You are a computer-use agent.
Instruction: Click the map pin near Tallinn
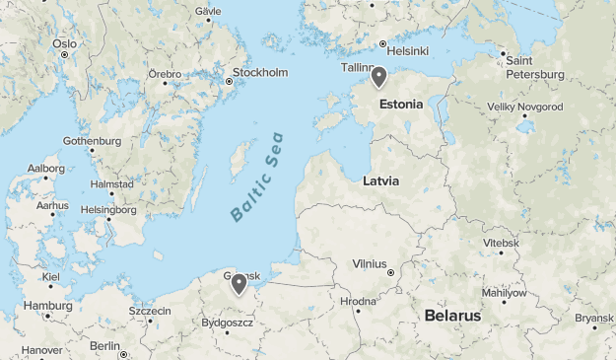tap(378, 77)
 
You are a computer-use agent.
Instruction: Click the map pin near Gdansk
tap(239, 284)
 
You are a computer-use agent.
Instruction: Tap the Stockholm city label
tap(260, 73)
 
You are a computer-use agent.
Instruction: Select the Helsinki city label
tap(407, 51)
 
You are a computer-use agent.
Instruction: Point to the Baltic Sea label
tap(256, 177)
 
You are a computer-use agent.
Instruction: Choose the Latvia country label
tap(380, 181)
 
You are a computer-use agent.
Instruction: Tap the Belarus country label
tap(452, 316)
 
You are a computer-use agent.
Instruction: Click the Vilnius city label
tap(370, 263)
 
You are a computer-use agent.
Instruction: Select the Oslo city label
tap(64, 43)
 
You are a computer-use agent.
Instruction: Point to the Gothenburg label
tap(92, 141)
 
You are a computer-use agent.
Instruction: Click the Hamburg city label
tap(48, 306)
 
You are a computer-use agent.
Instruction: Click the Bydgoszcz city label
tap(227, 323)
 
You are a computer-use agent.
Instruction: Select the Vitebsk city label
tap(501, 243)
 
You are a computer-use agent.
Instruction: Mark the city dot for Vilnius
tap(391, 272)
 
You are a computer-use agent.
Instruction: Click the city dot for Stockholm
tap(229, 82)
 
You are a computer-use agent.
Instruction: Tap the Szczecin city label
tap(150, 311)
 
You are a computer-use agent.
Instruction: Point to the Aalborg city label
tap(46, 169)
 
